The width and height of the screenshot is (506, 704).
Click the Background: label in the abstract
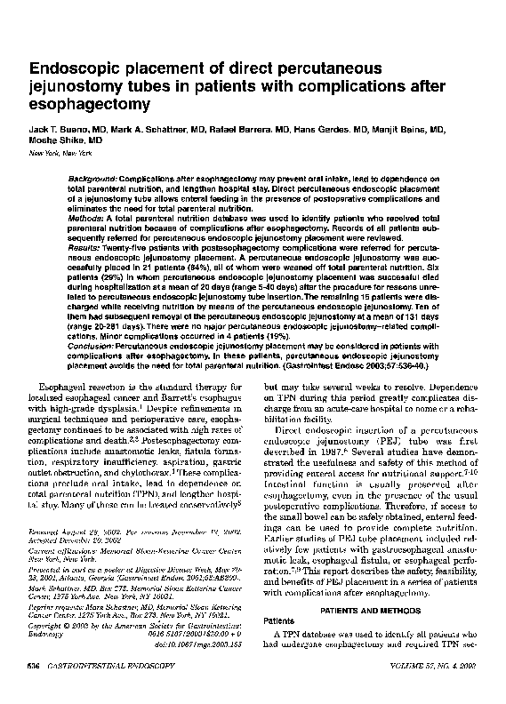[97, 180]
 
